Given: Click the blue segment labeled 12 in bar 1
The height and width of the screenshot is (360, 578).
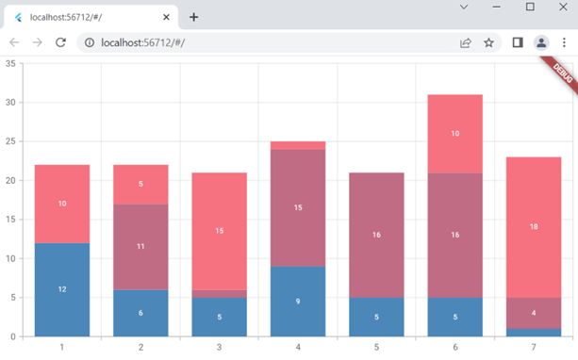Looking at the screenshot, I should click(62, 289).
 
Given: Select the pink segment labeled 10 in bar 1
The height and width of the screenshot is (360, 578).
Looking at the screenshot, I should click(62, 204).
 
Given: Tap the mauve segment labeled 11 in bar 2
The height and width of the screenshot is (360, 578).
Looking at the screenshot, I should click(140, 246).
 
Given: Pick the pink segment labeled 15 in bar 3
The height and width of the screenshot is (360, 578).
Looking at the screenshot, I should click(220, 231).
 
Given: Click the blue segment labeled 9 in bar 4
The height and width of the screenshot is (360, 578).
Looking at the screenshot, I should click(298, 302).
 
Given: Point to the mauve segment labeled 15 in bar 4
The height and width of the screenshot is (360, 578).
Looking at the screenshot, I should click(298, 207).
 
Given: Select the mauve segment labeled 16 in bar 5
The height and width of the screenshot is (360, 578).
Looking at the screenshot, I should click(376, 235).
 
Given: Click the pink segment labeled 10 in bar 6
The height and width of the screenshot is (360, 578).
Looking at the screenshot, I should click(454, 134).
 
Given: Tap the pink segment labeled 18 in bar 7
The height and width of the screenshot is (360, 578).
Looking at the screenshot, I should click(534, 226).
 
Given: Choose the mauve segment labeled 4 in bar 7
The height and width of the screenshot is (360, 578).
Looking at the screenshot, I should click(534, 312).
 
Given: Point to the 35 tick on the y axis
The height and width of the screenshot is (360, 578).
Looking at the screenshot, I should click(9, 63).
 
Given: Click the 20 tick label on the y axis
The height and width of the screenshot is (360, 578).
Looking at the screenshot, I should click(9, 180).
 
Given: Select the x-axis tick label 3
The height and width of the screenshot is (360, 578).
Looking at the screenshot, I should click(220, 348).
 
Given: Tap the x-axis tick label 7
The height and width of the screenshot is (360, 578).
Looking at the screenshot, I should click(534, 348).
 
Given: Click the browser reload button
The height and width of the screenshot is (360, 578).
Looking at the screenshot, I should click(60, 42).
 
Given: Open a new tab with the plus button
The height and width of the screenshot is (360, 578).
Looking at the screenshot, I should click(194, 17).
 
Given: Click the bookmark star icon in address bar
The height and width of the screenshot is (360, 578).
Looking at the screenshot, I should click(488, 42).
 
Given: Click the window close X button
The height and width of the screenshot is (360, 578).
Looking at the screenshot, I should click(561, 8).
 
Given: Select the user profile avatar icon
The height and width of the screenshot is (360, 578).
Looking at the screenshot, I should click(541, 42).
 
